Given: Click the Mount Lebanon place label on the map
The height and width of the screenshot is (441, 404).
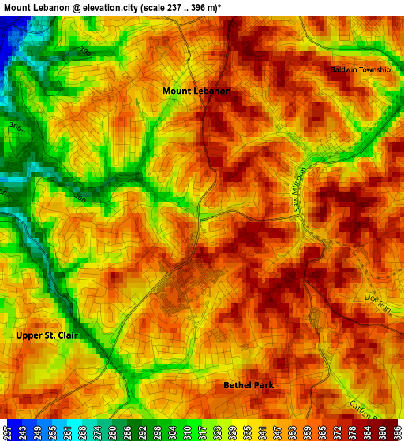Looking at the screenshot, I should (196, 91).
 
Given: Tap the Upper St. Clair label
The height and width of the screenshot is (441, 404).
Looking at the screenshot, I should (47, 335).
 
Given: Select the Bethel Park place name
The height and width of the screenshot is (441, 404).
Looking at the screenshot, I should (249, 385).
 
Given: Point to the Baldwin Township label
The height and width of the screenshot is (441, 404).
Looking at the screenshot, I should (360, 69).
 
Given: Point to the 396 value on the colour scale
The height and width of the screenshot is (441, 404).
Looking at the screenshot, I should (397, 432).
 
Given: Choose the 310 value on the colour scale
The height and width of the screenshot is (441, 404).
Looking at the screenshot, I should (187, 432).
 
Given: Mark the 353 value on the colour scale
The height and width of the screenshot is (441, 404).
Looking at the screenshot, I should (292, 432).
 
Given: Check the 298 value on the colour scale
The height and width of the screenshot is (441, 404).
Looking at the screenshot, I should (159, 432).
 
